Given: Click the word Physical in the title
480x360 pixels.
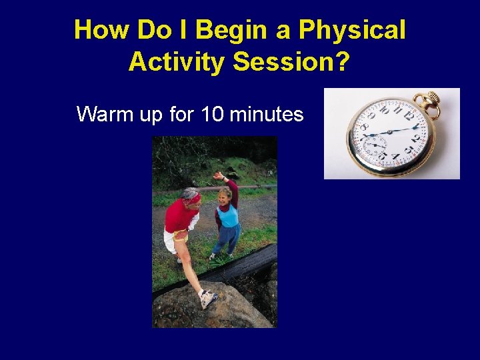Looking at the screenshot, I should [x=352, y=31].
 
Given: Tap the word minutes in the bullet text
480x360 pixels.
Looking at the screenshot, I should [x=267, y=114].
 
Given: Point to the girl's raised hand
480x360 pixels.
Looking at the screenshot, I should [x=218, y=175].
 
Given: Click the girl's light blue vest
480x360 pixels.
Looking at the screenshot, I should [x=228, y=215].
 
